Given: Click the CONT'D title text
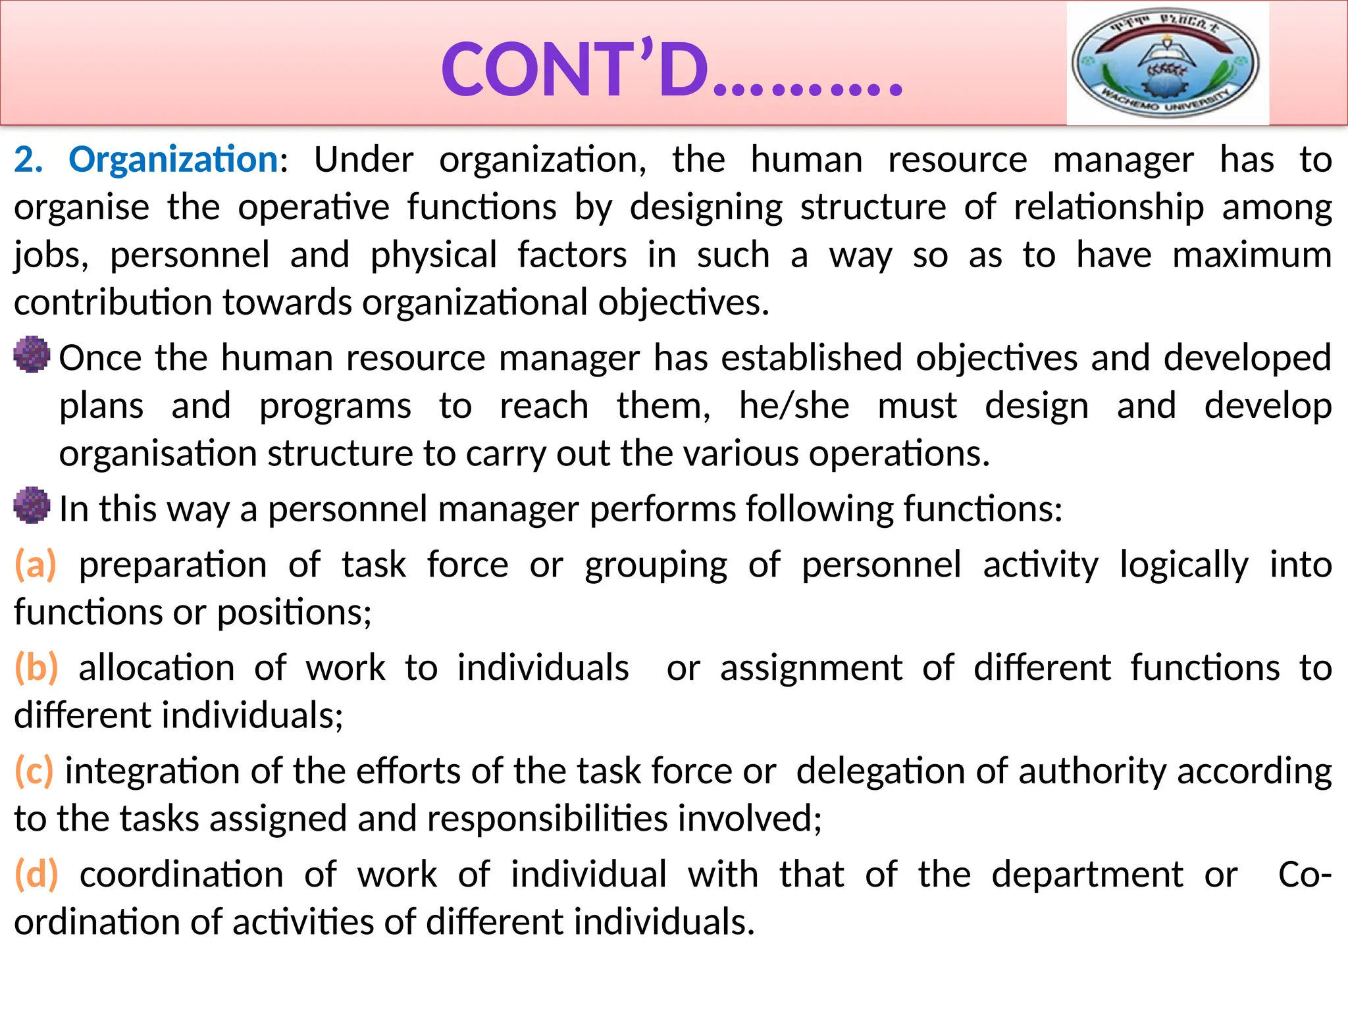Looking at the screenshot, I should click(x=671, y=70).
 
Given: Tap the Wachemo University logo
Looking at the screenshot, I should click(x=1166, y=63).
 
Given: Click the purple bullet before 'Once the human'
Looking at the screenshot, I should click(x=32, y=355).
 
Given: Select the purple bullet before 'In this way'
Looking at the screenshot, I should click(x=32, y=505).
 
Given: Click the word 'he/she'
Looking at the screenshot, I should click(x=794, y=405).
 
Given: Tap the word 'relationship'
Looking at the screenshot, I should click(x=1108, y=208).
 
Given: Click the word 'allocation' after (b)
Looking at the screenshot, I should click(x=157, y=668).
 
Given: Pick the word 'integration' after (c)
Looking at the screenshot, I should click(x=152, y=771).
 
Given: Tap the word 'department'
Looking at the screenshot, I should click(x=1087, y=875).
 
